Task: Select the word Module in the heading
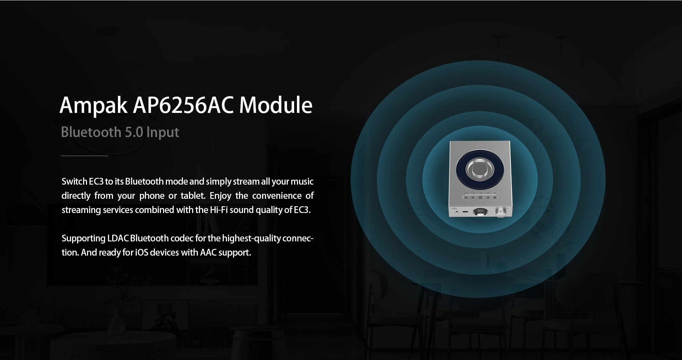276,105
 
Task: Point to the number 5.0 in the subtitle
134,132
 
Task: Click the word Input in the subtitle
163,133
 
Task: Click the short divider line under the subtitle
85,156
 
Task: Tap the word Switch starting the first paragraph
75,181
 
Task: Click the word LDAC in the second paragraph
118,238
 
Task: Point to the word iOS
142,252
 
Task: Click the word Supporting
83,239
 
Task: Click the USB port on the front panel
465,212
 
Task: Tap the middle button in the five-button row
480,197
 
